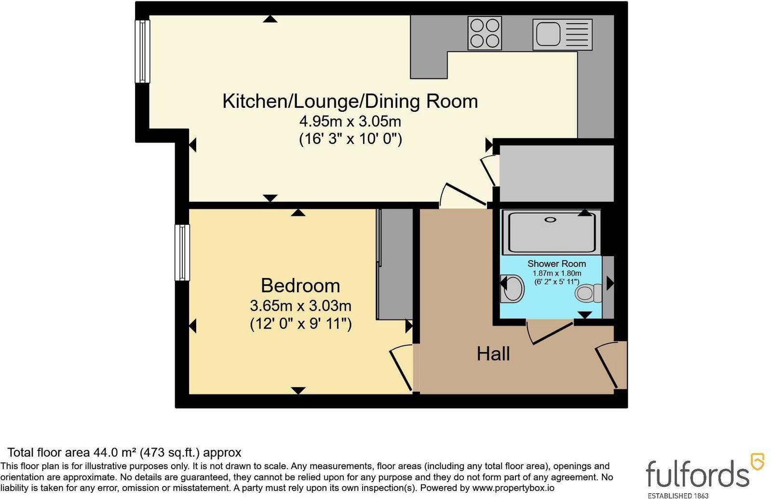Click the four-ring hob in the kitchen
(484, 33)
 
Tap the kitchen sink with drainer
(562, 34)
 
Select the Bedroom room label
(300, 286)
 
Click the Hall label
(493, 354)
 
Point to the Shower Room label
(556, 264)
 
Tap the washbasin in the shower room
(512, 289)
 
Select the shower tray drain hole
(551, 220)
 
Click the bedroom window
(182, 252)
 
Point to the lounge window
(142, 51)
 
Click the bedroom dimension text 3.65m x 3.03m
(300, 305)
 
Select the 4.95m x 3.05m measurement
(351, 121)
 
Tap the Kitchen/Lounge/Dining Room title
(350, 102)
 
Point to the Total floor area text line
(124, 452)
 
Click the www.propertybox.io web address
(513, 487)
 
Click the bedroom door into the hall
(401, 368)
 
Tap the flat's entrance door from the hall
(610, 366)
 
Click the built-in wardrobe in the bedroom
(395, 264)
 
